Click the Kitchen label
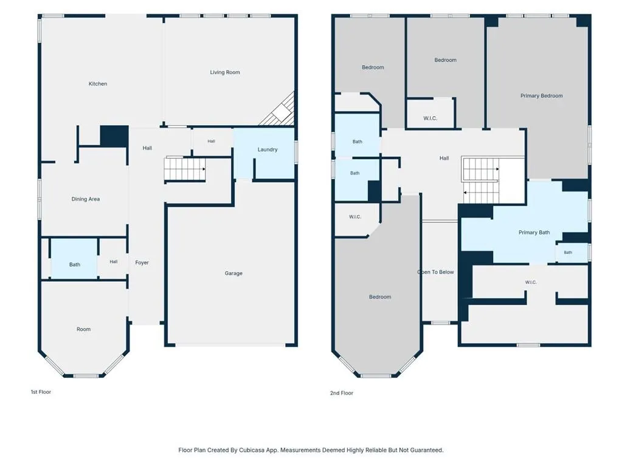[x=97, y=84]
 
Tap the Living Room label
[x=225, y=72]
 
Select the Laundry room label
[x=268, y=149]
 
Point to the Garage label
[x=233, y=273]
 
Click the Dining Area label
[x=86, y=199]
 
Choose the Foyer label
[x=142, y=262]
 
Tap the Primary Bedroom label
[x=542, y=95]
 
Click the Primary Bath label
[x=534, y=232]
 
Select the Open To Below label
[x=435, y=272]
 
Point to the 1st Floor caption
[x=41, y=392]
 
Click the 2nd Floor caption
[x=342, y=393]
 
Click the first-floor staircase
[x=185, y=169]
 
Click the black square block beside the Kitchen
[x=114, y=136]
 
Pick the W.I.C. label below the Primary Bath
[x=531, y=282]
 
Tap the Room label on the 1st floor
[x=83, y=329]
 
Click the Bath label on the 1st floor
[x=75, y=264]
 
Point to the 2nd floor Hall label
[x=444, y=158]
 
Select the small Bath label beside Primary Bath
[x=568, y=252]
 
